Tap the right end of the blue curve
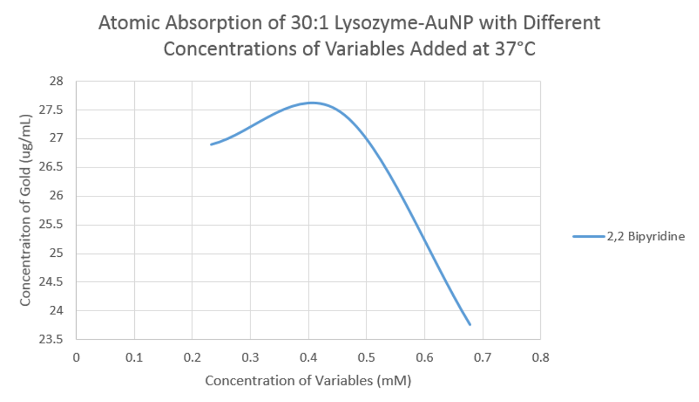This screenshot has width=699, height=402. [470, 325]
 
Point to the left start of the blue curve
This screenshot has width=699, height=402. [211, 144]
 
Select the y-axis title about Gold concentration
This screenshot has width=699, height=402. [26, 209]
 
